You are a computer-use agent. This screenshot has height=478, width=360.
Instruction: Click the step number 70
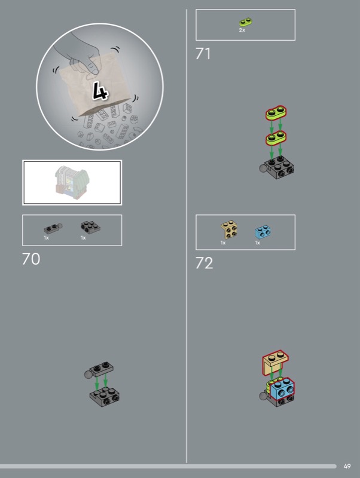[x=31, y=259]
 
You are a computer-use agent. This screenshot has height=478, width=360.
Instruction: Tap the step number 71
[x=203, y=54]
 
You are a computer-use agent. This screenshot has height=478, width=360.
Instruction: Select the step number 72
[x=204, y=263]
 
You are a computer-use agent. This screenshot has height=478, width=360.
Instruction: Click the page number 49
[x=347, y=466]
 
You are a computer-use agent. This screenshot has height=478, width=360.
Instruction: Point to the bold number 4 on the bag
[x=100, y=91]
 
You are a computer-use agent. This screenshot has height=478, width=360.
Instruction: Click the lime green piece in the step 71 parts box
[x=246, y=22]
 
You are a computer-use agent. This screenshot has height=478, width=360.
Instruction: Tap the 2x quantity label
[x=242, y=30]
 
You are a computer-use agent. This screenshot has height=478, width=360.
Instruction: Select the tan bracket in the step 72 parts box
[x=229, y=230]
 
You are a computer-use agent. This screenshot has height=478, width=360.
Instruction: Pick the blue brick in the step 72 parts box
[x=263, y=232]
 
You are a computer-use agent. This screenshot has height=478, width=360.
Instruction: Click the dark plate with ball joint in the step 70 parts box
[x=53, y=228]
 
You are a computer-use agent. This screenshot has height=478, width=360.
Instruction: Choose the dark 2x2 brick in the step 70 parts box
[x=90, y=227]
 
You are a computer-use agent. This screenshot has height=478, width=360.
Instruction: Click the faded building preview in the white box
[x=72, y=182]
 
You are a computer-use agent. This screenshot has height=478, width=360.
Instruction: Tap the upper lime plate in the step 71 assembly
[x=276, y=113]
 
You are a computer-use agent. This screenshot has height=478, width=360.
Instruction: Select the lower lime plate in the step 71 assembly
[x=276, y=138]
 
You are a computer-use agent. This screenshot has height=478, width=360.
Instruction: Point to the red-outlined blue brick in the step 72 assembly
[x=282, y=388]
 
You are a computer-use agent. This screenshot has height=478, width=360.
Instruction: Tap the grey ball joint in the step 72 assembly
[x=263, y=396]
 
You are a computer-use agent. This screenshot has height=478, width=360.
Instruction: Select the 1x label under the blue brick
[x=258, y=243]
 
